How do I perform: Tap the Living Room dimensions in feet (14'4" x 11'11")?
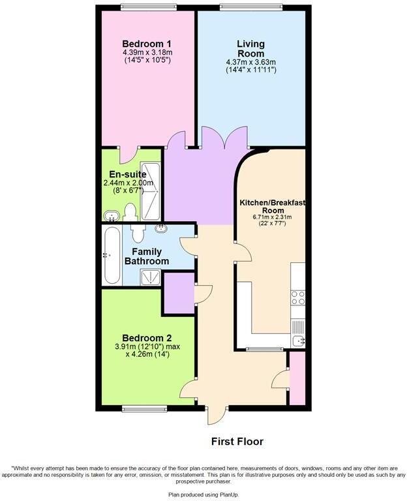250,69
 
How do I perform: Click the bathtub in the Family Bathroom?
112,255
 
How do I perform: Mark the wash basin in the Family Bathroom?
160,229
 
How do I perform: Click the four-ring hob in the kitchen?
297,297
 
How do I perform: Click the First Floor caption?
237,442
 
